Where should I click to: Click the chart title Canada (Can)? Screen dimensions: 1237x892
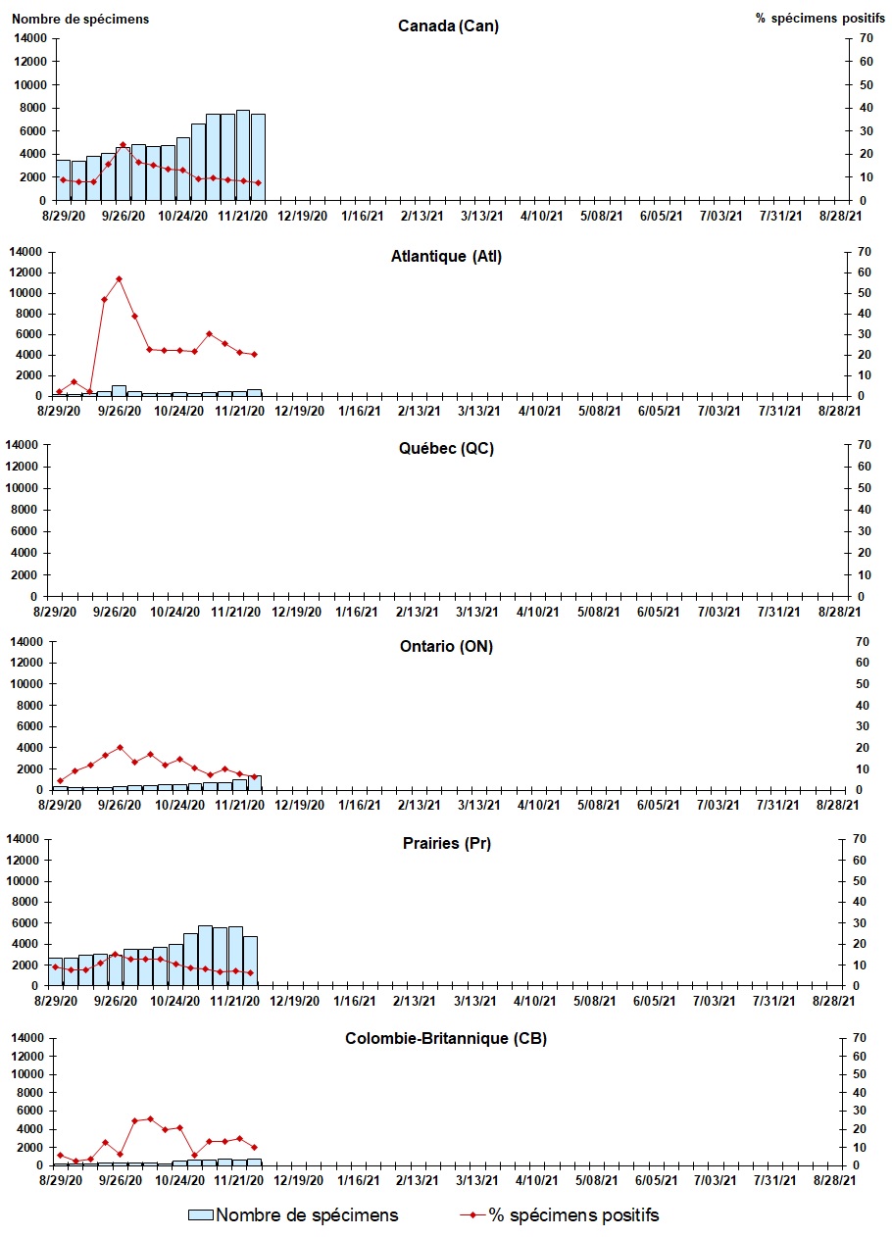point(448,25)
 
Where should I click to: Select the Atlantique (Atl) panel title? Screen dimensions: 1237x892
point(447,257)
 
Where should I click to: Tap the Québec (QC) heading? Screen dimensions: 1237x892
point(447,449)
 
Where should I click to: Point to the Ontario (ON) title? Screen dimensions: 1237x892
point(447,646)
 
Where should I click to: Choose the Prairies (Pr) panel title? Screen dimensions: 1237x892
point(447,843)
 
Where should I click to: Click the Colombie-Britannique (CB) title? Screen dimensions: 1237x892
point(447,1038)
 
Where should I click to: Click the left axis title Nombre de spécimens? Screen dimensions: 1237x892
point(81,19)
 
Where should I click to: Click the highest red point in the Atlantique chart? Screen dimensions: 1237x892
point(119,279)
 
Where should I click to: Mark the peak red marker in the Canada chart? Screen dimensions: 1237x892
point(123,145)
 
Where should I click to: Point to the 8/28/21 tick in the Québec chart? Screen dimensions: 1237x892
point(840,612)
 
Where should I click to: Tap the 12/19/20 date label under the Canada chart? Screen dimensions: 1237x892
point(301,216)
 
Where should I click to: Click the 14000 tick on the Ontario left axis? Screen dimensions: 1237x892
point(28,641)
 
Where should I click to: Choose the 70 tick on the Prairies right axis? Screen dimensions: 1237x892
point(863,839)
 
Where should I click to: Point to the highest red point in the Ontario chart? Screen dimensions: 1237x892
point(120,748)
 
